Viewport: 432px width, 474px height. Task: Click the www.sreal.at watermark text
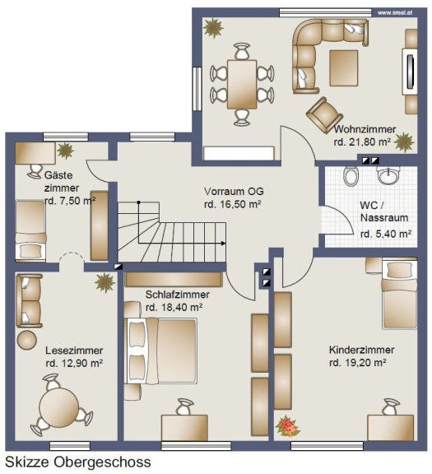[x=395, y=13]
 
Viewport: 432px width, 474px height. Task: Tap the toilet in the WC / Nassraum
[x=351, y=175]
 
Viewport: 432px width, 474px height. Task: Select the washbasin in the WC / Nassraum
[x=388, y=175]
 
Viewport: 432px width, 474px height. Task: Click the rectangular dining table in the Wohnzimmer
[x=242, y=84]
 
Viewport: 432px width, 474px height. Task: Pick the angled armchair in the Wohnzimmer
[x=324, y=115]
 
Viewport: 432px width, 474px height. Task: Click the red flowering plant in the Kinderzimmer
[x=287, y=426]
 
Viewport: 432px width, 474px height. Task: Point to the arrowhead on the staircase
[x=223, y=243]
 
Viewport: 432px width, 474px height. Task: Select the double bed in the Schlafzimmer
[x=160, y=351]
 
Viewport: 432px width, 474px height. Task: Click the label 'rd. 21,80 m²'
[x=362, y=142]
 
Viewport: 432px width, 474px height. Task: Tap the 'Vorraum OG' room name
[x=234, y=192]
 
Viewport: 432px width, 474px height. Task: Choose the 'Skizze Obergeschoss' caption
[x=78, y=462]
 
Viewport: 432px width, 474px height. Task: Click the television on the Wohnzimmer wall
[x=410, y=72]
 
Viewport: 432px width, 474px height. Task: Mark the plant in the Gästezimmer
[x=65, y=151]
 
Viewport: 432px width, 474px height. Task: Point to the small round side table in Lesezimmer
[x=27, y=340]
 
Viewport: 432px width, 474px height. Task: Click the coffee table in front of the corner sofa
[x=344, y=68]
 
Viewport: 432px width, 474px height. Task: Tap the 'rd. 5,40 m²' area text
[x=386, y=234]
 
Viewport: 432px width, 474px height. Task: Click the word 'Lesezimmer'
[x=74, y=351]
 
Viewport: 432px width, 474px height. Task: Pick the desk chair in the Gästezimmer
[x=35, y=171]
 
